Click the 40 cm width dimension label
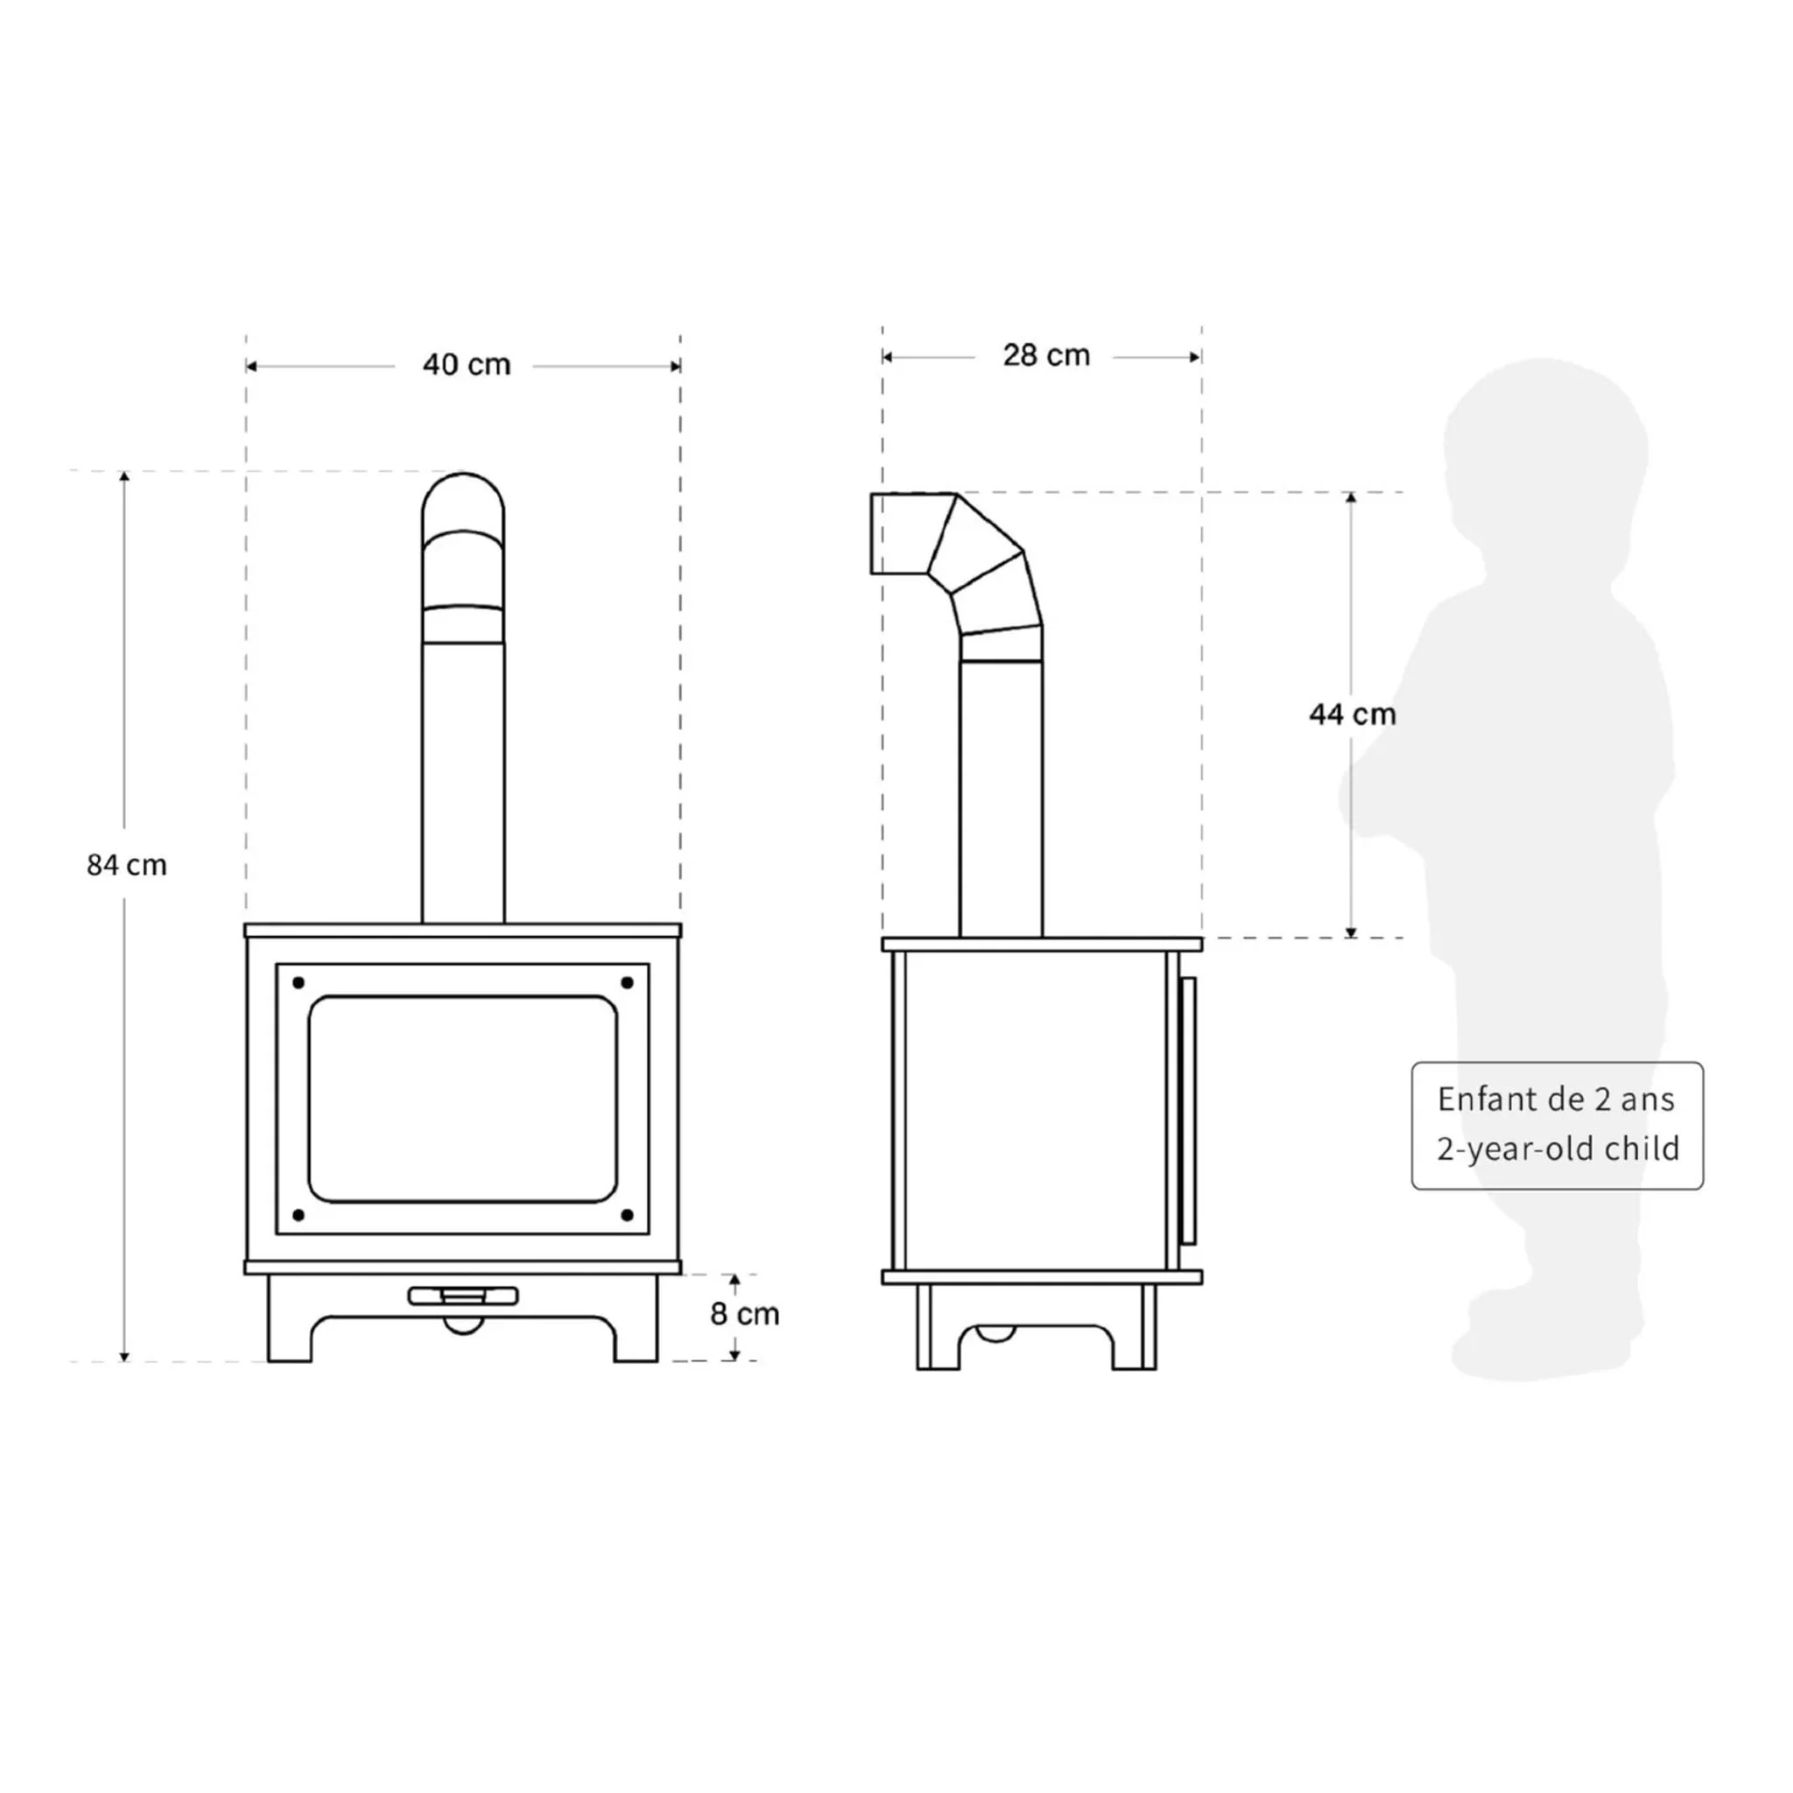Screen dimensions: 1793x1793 pyautogui.click(x=467, y=365)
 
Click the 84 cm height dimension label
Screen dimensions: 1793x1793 pyautogui.click(x=127, y=865)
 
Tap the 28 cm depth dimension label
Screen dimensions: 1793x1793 pyautogui.click(x=1046, y=355)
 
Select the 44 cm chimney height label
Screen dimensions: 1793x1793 pyautogui.click(x=1352, y=714)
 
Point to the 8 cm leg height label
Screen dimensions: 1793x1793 pyautogui.click(x=744, y=1314)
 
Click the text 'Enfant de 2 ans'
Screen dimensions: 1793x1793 pyautogui.click(x=1557, y=1100)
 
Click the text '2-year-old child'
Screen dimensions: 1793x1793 pyautogui.click(x=1558, y=1149)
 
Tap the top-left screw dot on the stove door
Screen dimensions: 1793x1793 pyautogui.click(x=299, y=983)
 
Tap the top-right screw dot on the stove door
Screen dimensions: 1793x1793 pyautogui.click(x=628, y=983)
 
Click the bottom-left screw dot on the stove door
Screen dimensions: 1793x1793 pyautogui.click(x=299, y=1215)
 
